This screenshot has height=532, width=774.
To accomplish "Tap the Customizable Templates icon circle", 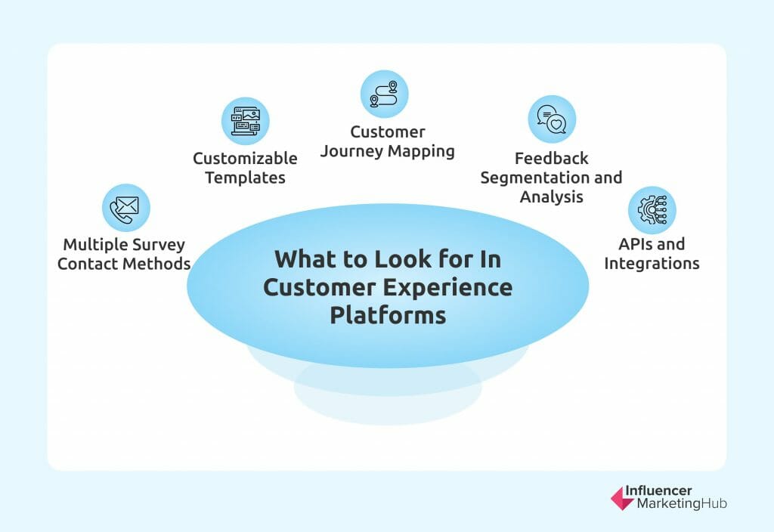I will tap(245, 121).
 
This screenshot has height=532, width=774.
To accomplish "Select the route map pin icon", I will tap(384, 94).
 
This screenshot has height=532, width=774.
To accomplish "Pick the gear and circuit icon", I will tap(652, 210).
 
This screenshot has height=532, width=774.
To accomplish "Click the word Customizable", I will tap(245, 159).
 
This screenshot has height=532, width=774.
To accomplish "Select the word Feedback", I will tap(551, 159).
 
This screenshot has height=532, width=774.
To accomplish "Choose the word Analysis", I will tap(551, 197).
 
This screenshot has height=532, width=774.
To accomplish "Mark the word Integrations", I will tap(652, 264).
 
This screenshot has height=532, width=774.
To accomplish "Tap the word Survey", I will tap(157, 245).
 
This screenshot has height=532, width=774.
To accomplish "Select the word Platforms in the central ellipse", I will tap(387, 314).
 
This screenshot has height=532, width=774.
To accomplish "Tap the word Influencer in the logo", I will tap(658, 491).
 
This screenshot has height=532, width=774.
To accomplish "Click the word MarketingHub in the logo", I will tap(676, 504).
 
